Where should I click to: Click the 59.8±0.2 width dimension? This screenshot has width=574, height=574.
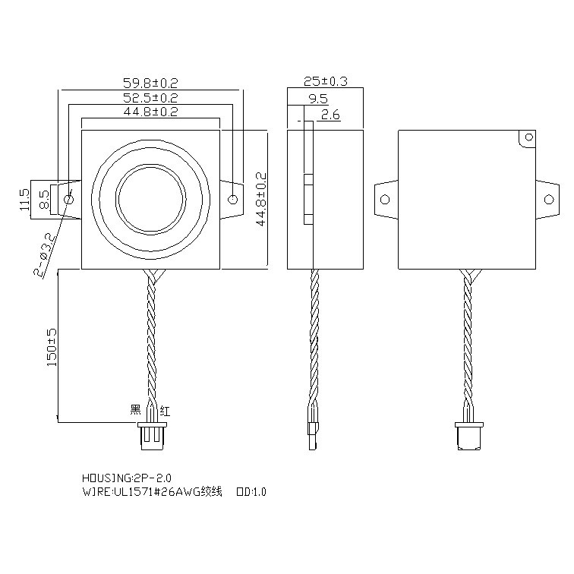pyautogui.click(x=150, y=83)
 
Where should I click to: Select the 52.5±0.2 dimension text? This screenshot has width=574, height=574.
pyautogui.click(x=150, y=98)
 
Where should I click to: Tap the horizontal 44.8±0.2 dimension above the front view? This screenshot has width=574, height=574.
pyautogui.click(x=150, y=112)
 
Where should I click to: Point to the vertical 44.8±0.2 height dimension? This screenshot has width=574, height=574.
pyautogui.click(x=260, y=199)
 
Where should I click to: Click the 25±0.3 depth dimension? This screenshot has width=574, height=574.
pyautogui.click(x=325, y=82)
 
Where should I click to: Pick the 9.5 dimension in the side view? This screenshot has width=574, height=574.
pyautogui.click(x=318, y=99)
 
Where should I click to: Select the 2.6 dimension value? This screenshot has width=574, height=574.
pyautogui.click(x=330, y=115)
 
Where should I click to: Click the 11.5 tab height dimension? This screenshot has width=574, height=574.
pyautogui.click(x=24, y=200)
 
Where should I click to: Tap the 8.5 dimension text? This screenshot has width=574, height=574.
pyautogui.click(x=44, y=200)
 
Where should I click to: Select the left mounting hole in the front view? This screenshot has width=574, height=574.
pyautogui.click(x=69, y=200)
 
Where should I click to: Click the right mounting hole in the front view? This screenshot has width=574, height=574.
pyautogui.click(x=233, y=200)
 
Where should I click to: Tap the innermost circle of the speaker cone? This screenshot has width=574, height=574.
pyautogui.click(x=151, y=199)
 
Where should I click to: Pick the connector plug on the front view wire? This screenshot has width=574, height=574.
pyautogui.click(x=150, y=438)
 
